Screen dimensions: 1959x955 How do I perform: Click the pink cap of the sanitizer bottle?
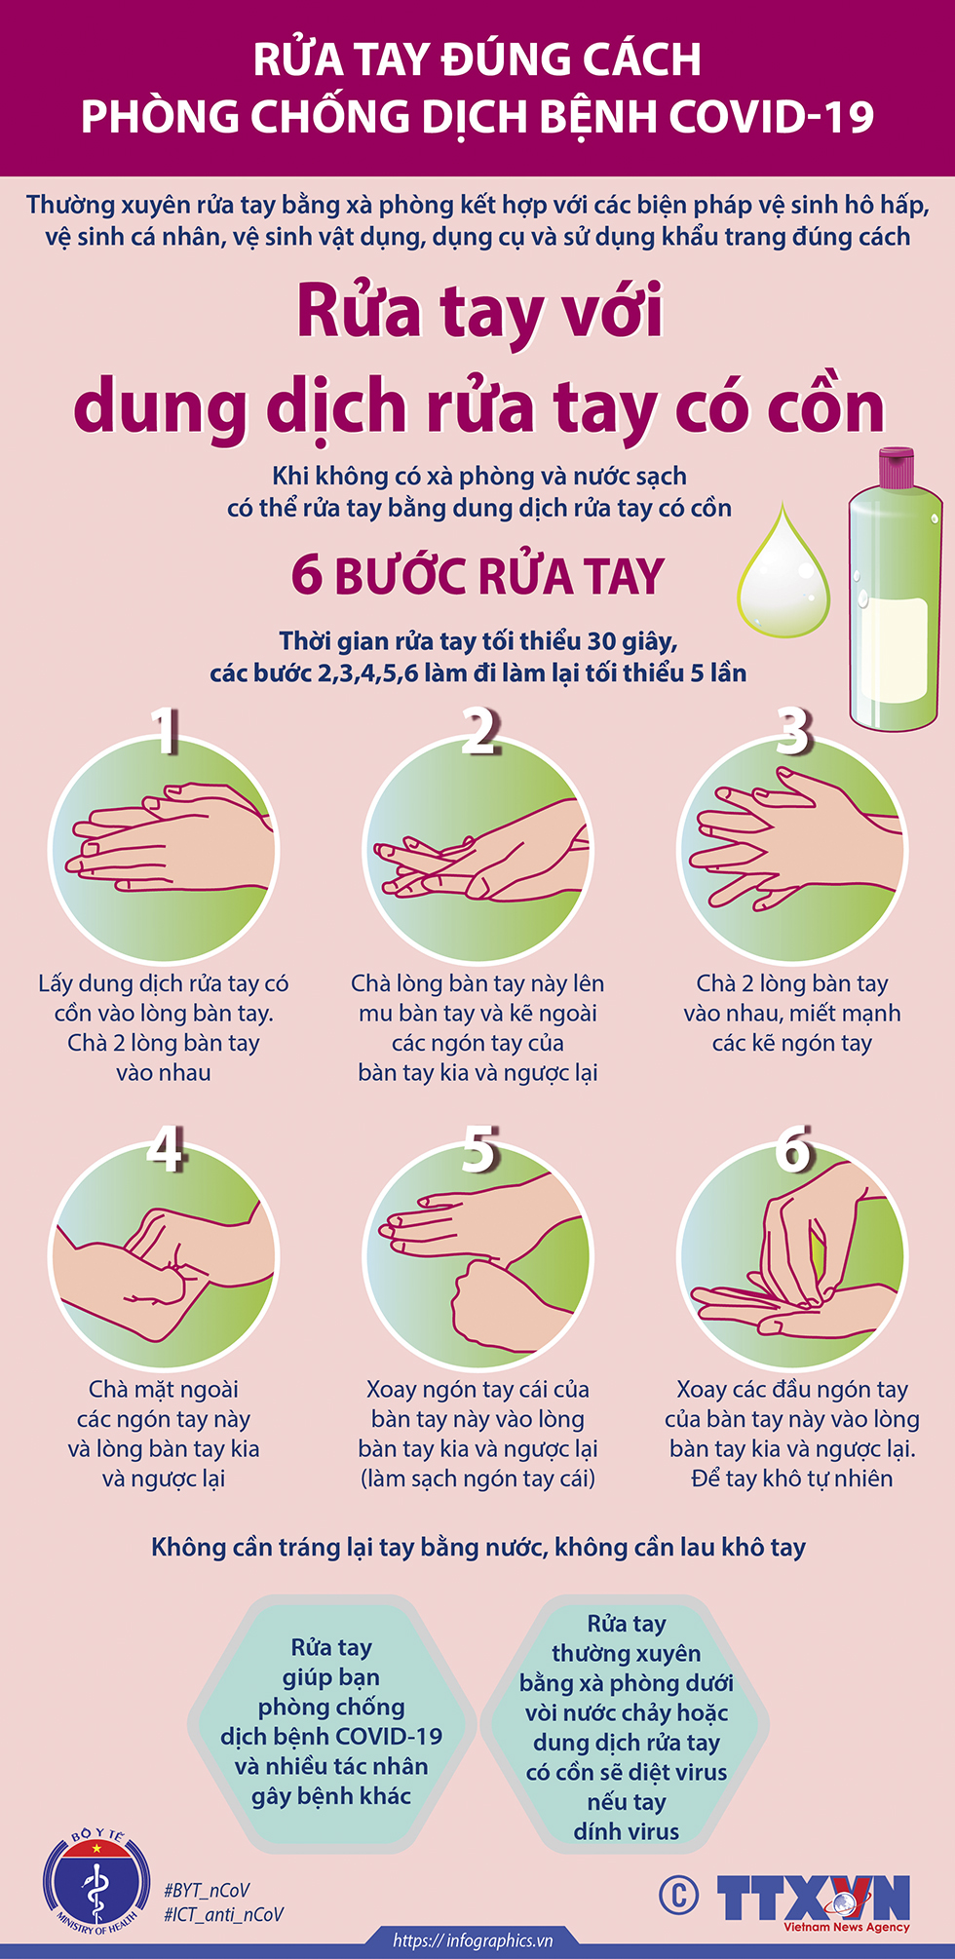click(897, 469)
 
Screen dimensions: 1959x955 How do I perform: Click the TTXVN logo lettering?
click(813, 1897)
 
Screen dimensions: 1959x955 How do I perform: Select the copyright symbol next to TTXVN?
click(678, 1896)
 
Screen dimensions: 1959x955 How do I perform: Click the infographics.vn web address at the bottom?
click(473, 1940)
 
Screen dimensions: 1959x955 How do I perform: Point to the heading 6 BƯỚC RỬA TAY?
click(477, 576)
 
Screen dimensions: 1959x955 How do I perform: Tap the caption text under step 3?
click(791, 1013)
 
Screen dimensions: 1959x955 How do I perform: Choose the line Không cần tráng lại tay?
click(477, 1547)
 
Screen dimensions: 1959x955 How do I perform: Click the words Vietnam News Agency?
click(846, 1927)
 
